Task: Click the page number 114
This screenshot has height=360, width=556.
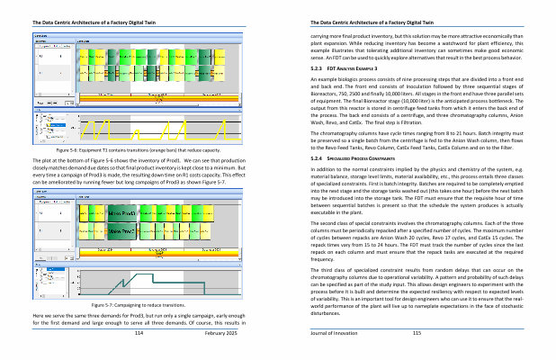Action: click(139, 333)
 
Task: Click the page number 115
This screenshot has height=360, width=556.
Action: click(417, 333)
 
